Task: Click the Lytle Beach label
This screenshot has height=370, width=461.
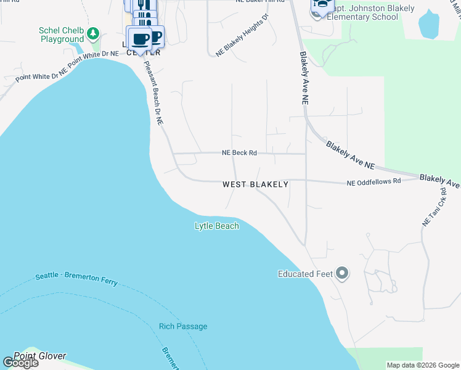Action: click(x=216, y=226)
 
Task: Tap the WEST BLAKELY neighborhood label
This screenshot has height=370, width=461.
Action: click(x=255, y=184)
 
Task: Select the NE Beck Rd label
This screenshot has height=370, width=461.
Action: click(x=239, y=153)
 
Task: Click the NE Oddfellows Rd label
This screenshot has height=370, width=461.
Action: click(x=373, y=182)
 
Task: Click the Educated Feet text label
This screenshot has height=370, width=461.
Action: click(x=305, y=274)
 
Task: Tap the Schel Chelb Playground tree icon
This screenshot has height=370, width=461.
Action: click(x=92, y=33)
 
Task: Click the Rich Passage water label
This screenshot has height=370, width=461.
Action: click(x=183, y=326)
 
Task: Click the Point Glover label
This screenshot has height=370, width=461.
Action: click(x=39, y=356)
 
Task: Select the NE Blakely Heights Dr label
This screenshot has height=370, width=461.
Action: click(x=242, y=36)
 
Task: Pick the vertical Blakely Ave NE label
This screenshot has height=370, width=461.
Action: click(x=304, y=76)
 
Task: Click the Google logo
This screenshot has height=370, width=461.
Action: click(x=21, y=363)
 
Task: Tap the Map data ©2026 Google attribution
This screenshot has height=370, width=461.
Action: click(x=423, y=365)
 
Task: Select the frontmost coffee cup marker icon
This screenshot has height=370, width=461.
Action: click(x=139, y=39)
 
